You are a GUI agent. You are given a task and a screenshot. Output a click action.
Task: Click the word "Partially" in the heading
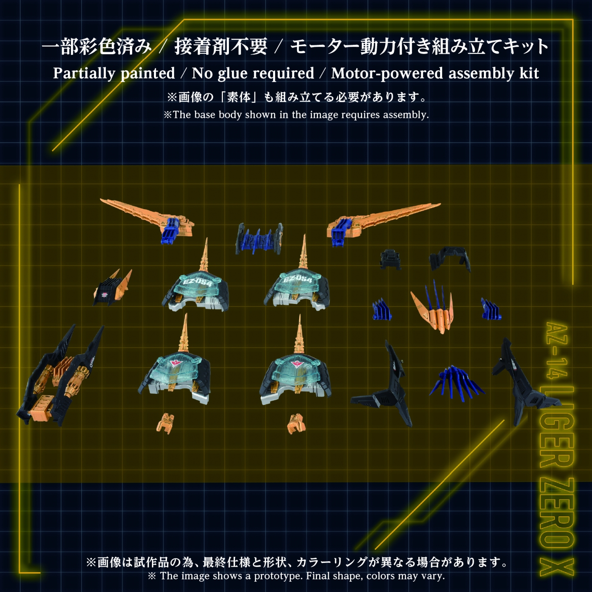pyautogui.click(x=84, y=73)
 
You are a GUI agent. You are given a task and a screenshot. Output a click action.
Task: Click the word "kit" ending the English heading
pyautogui.click(x=529, y=73)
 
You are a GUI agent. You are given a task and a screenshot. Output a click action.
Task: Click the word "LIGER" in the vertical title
pyautogui.click(x=556, y=426)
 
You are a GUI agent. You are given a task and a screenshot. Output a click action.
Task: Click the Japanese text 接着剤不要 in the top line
pyautogui.click(x=221, y=47)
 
